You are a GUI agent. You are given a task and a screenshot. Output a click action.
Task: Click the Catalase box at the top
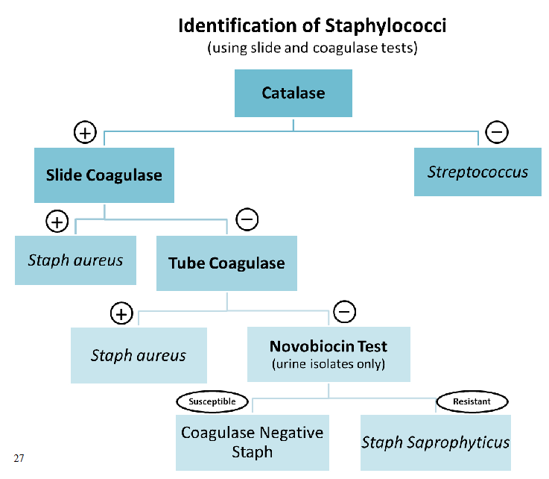click(293, 93)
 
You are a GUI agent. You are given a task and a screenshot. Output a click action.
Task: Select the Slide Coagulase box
click(104, 175)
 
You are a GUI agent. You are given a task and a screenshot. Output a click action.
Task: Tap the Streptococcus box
click(477, 172)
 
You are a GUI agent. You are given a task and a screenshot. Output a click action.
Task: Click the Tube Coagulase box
click(226, 263)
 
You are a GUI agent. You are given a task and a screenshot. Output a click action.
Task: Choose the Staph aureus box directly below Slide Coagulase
click(75, 260)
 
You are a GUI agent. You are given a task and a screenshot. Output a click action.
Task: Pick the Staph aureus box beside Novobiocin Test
click(139, 356)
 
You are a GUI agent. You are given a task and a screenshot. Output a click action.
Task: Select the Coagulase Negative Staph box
click(253, 442)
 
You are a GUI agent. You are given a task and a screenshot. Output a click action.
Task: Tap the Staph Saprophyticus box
click(436, 442)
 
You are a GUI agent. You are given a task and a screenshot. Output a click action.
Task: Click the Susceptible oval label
click(212, 401)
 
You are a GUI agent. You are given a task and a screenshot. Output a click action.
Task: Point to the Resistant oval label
click(472, 401)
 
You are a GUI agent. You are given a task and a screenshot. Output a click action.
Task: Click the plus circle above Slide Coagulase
click(86, 133)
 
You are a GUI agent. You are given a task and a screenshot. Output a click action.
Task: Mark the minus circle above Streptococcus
click(497, 132)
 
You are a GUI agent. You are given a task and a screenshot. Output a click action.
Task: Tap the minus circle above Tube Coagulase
click(247, 219)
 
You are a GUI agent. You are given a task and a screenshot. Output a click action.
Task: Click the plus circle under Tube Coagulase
click(121, 313)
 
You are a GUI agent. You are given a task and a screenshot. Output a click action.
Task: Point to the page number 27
click(19, 457)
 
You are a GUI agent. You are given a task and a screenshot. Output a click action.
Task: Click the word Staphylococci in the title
click(386, 26)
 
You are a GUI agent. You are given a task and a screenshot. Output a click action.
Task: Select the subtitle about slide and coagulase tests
click(311, 48)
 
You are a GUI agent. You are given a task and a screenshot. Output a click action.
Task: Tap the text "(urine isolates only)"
click(329, 365)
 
